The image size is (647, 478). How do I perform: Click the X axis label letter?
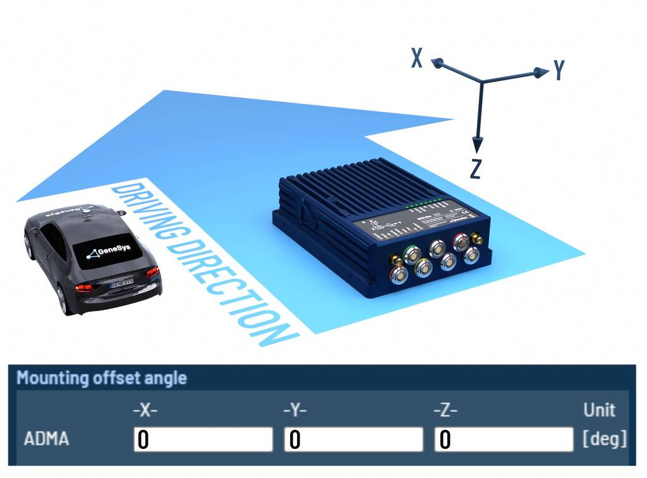pyautogui.click(x=417, y=58)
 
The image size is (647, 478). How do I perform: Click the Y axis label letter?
pyautogui.click(x=559, y=70)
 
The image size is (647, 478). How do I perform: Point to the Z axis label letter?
pyautogui.click(x=476, y=169)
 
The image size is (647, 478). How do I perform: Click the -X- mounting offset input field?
pyautogui.click(x=203, y=439)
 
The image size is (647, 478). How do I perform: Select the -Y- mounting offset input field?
pyautogui.click(x=353, y=439)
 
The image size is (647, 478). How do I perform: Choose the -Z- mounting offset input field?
pyautogui.click(x=504, y=439)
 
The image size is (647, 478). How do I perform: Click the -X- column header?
pyautogui.click(x=145, y=410)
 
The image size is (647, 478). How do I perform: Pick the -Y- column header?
pyautogui.click(x=294, y=410)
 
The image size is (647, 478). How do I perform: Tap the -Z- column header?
pyautogui.click(x=445, y=410)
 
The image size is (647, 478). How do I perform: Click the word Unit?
pyautogui.click(x=599, y=410)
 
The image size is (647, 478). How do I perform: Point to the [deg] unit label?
pyautogui.click(x=605, y=439)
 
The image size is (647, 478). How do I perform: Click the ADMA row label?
pyautogui.click(x=45, y=439)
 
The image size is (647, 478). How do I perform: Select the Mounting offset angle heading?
pyautogui.click(x=102, y=378)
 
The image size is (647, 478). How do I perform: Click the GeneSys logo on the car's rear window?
pyautogui.click(x=108, y=250)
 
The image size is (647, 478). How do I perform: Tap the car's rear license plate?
pyautogui.click(x=122, y=283)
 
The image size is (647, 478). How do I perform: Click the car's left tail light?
pyautogui.click(x=84, y=288)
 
